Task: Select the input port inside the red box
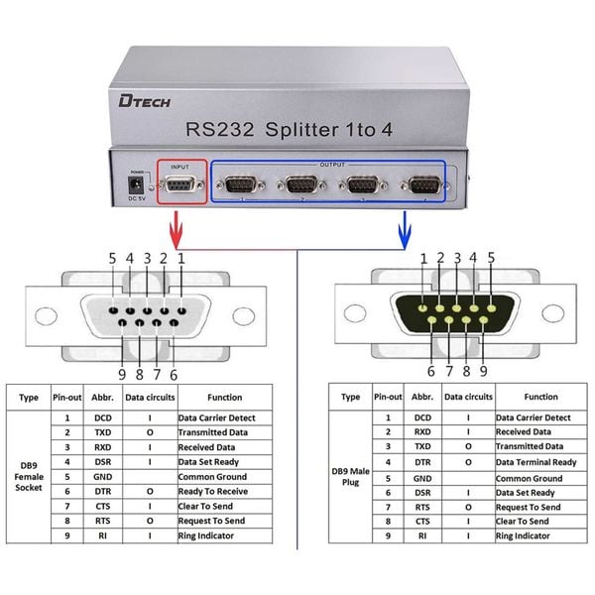point(178,185)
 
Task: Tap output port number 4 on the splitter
point(425,184)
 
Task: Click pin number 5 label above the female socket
point(111,258)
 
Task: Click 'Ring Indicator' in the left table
point(207,536)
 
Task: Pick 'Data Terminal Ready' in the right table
point(535,462)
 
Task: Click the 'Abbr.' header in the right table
point(422,397)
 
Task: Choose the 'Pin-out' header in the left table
point(66,397)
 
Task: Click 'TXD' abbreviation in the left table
point(103,432)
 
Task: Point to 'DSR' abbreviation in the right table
point(422,492)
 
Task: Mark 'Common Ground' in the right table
point(532,477)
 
